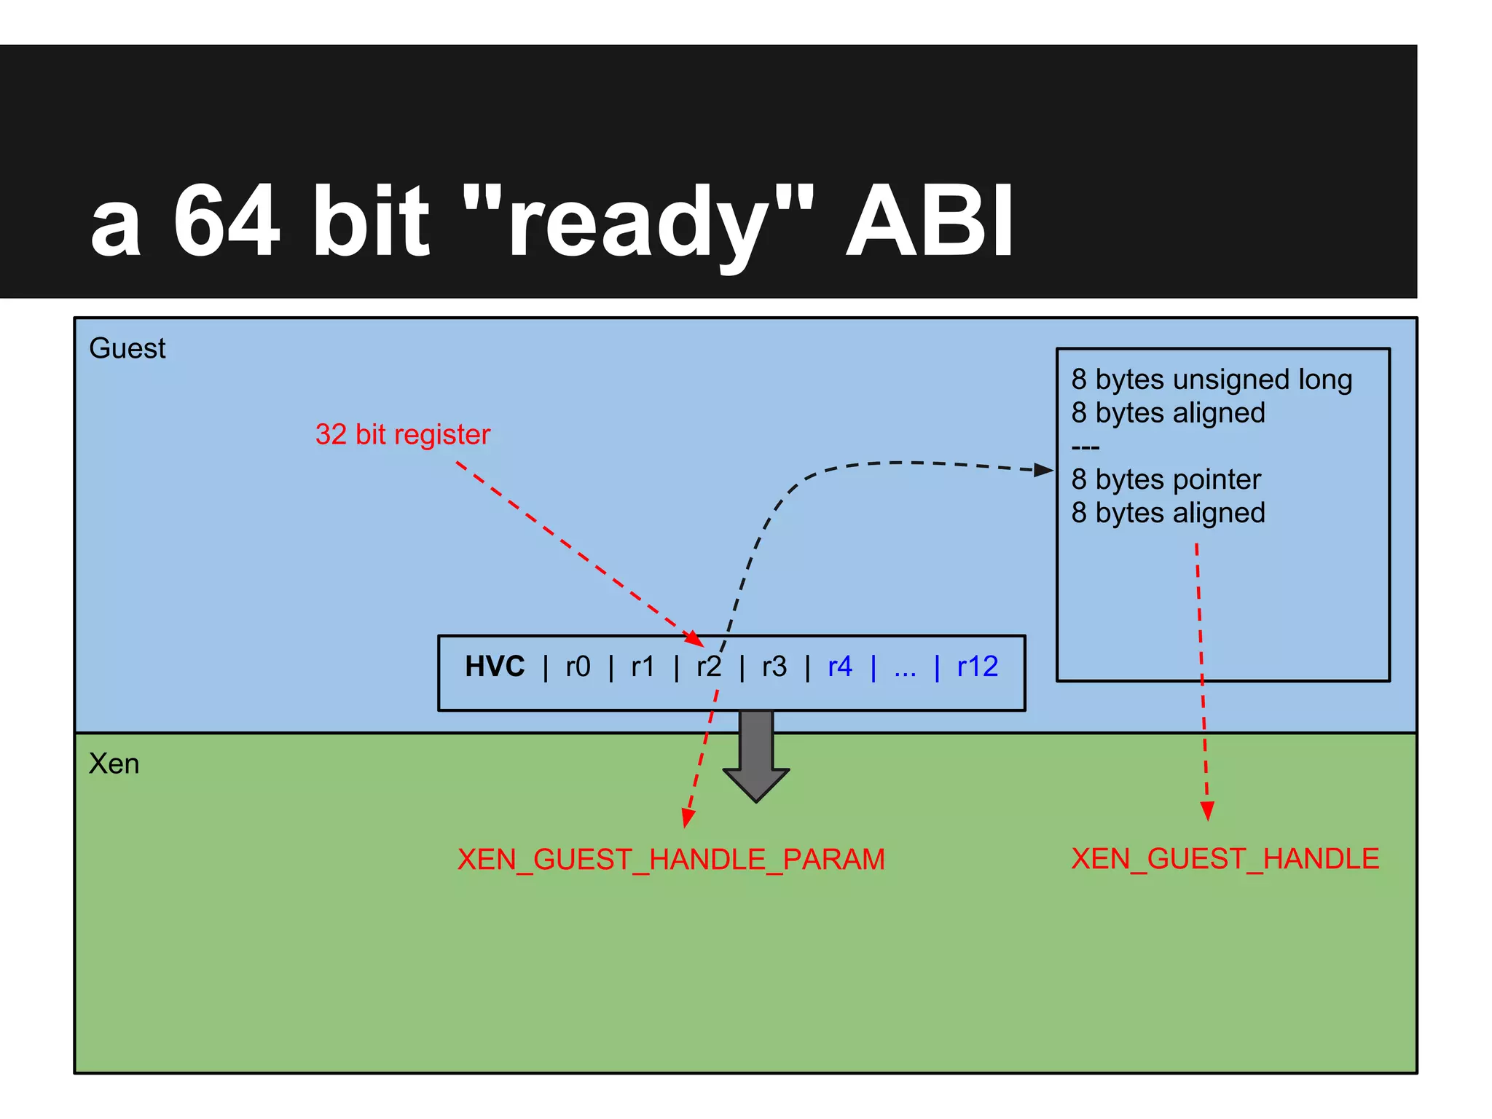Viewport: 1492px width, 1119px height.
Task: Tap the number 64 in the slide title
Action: [227, 221]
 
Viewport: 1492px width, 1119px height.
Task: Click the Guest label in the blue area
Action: [127, 348]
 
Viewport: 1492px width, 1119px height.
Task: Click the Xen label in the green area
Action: [114, 763]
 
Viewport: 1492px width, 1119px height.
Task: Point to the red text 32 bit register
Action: [402, 434]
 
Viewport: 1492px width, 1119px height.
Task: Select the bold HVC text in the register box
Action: [495, 667]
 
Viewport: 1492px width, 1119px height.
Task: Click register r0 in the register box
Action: [578, 667]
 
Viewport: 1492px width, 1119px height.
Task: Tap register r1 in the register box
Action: [643, 667]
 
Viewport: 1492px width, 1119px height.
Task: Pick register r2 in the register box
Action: [708, 667]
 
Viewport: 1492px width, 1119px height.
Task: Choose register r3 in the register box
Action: [774, 667]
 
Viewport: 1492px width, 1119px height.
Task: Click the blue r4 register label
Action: [840, 667]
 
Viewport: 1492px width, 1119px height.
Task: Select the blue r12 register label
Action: [977, 667]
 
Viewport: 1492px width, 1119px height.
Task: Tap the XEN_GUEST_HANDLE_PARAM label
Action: [671, 860]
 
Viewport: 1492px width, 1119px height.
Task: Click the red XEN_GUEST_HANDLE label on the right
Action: [1225, 859]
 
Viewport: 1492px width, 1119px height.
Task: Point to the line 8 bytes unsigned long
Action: [1211, 380]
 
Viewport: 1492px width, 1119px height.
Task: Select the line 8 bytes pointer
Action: [1166, 479]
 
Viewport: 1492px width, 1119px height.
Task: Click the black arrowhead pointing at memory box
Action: [1044, 470]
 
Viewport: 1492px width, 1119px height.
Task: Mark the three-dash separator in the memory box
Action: [1085, 447]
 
